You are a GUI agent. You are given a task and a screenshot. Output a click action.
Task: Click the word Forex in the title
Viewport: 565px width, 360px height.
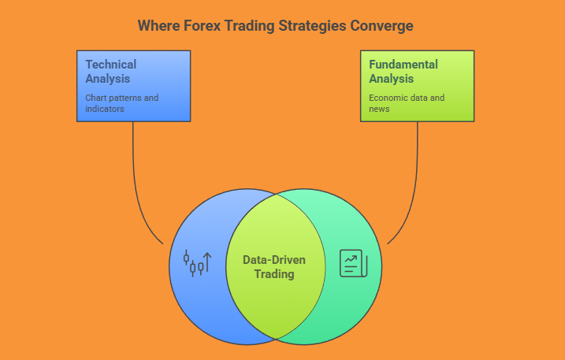coord(202,26)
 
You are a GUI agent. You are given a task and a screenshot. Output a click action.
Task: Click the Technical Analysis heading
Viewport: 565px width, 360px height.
coord(111,72)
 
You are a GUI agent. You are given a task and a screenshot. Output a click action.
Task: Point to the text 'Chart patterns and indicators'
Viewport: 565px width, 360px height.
coord(122,103)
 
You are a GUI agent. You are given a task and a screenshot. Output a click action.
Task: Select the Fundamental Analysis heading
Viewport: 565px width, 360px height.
coord(403,72)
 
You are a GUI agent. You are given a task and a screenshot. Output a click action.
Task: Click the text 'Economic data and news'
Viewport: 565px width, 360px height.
coord(407,103)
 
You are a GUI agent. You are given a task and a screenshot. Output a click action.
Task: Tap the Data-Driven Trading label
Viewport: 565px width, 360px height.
coord(274,267)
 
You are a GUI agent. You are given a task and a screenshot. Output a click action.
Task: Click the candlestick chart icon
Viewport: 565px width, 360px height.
coord(197,263)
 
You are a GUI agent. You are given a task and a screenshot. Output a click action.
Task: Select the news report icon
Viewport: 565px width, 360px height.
coord(354,263)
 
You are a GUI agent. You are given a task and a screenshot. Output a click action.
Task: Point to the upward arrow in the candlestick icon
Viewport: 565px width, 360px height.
coord(207,262)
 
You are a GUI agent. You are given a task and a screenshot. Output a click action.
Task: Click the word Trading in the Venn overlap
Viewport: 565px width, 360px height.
coord(274,274)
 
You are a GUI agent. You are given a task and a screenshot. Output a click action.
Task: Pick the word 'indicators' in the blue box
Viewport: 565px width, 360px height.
coord(105,109)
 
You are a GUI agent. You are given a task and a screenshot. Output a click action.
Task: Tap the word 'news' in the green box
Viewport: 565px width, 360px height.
coord(379,109)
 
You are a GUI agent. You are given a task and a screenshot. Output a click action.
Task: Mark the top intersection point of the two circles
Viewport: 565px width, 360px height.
coord(276,195)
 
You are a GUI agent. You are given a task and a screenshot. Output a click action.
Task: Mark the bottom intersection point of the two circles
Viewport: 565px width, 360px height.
coord(276,339)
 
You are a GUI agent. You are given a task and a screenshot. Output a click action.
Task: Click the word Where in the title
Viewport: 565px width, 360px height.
coord(159,26)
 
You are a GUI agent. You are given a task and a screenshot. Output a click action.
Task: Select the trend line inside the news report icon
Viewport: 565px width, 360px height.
coord(351,258)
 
